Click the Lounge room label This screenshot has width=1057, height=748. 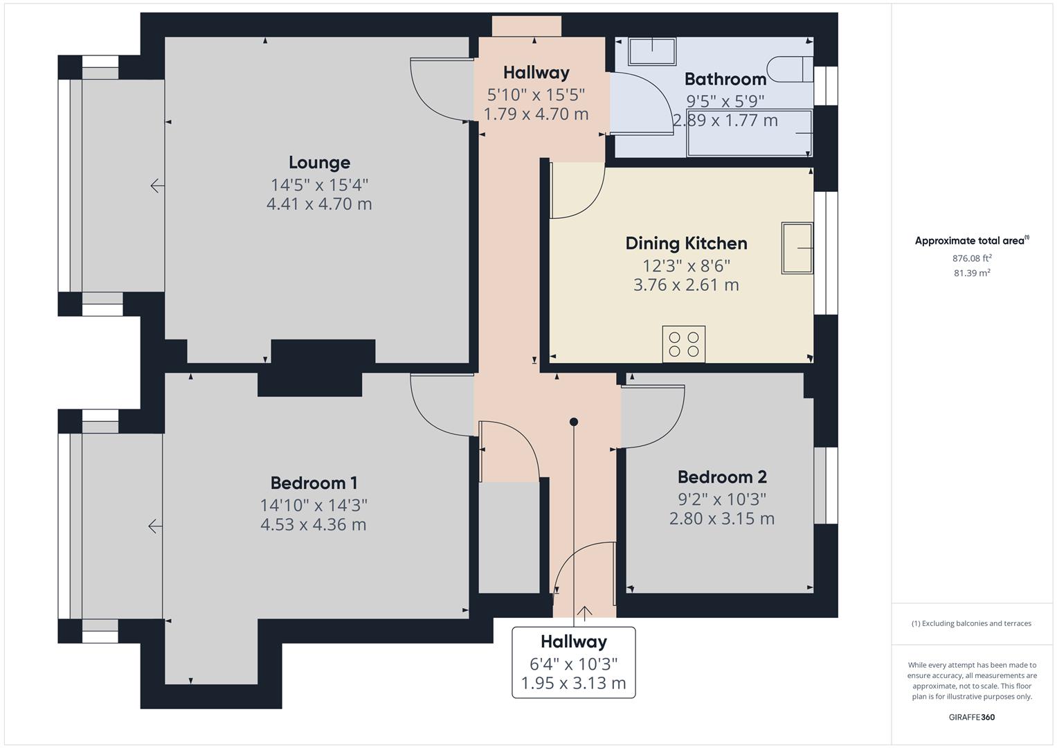319,163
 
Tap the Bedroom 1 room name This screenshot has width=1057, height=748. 314,483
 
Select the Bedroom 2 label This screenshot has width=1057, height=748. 721,477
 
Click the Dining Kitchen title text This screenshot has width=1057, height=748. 686,243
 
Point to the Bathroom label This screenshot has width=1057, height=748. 725,79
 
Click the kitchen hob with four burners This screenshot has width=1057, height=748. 684,344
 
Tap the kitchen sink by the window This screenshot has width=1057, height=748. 797,247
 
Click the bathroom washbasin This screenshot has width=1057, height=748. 651,51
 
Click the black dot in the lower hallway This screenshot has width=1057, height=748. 573,422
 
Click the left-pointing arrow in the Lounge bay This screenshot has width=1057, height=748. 157,186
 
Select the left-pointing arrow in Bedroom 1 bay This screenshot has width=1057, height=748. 155,526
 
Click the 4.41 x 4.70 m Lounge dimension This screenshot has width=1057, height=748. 319,204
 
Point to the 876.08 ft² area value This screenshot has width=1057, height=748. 971,258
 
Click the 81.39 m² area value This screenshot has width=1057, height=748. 971,273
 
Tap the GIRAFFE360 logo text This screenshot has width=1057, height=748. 971,717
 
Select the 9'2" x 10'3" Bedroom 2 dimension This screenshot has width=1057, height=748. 721,499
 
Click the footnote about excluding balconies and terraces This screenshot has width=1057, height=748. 971,623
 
